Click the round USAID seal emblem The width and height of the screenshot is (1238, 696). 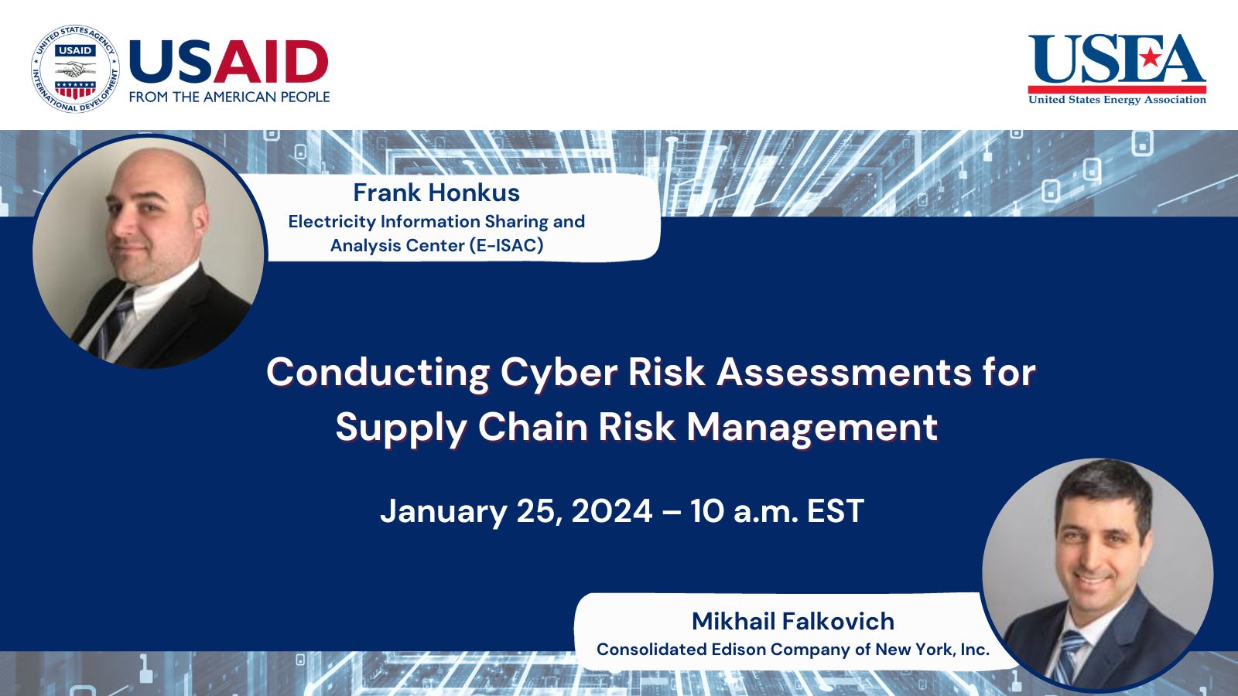75,68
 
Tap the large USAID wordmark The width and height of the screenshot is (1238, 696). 229,62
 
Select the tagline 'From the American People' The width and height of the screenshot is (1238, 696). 229,97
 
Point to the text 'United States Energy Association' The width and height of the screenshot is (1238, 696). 1117,100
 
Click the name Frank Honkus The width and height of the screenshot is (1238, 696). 436,193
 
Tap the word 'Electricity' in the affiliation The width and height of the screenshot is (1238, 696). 331,221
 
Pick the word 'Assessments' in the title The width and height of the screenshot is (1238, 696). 843,372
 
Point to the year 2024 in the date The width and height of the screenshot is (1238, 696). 611,511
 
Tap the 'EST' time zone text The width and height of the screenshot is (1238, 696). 835,511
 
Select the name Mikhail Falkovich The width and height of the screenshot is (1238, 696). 792,621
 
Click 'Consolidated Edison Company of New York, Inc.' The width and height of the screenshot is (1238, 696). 792,650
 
